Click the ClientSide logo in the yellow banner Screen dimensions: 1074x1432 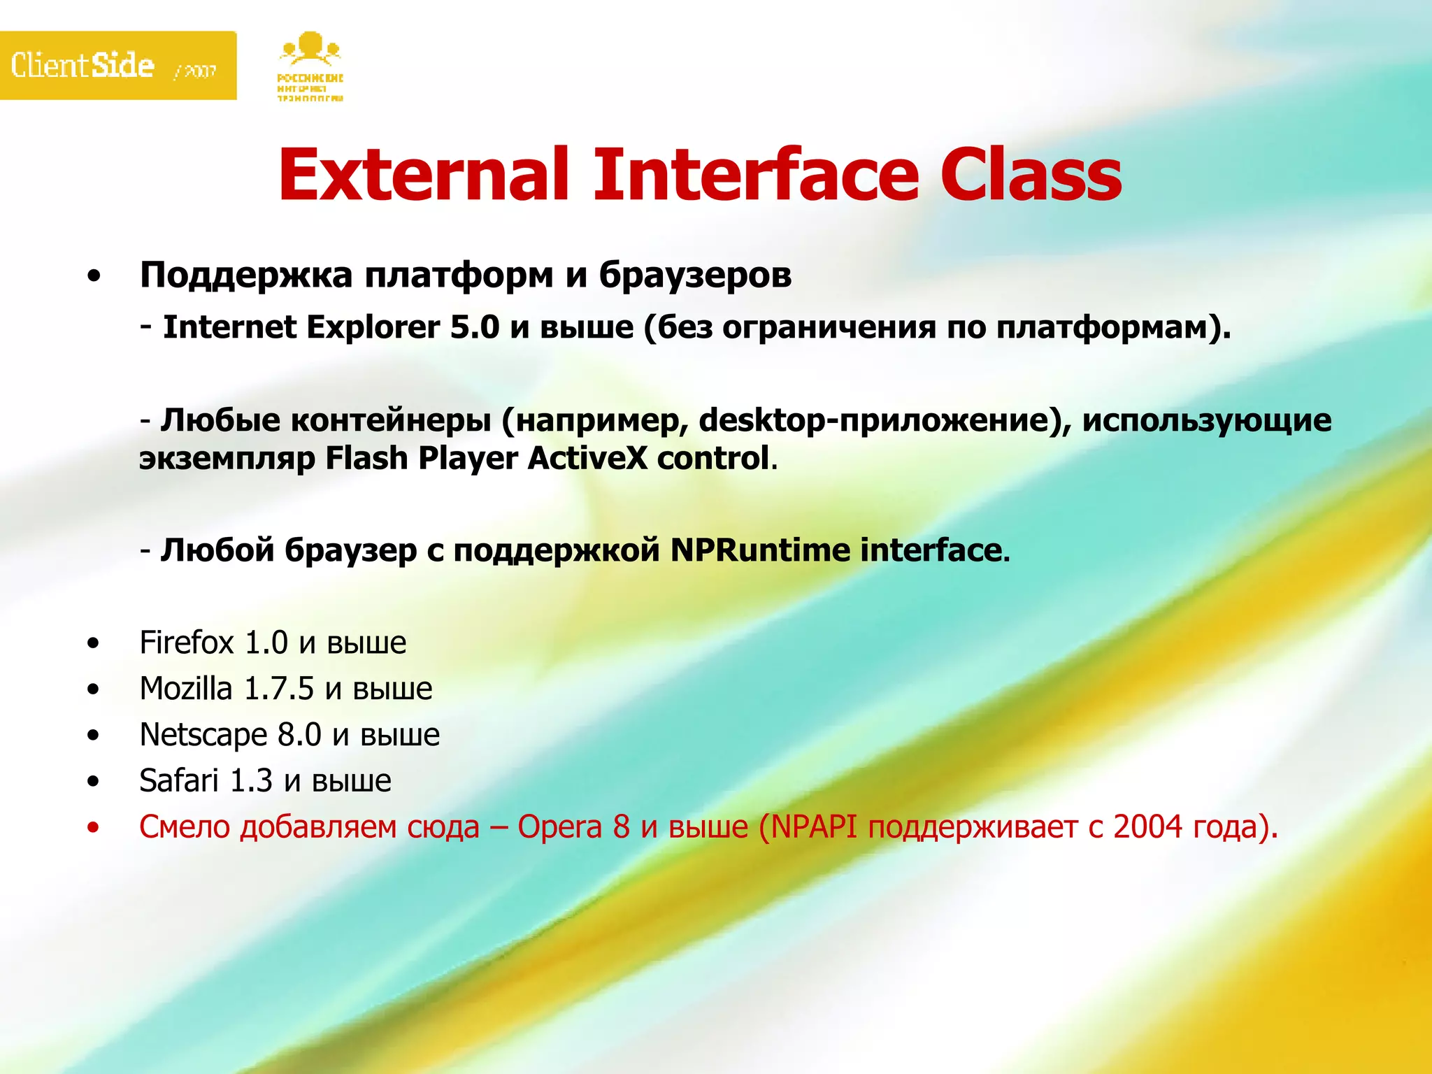83,66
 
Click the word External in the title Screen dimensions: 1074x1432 424,175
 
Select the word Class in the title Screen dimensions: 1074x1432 1031,175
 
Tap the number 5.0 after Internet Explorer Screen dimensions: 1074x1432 475,328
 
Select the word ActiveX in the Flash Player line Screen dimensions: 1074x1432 587,459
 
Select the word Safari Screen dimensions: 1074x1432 179,781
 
